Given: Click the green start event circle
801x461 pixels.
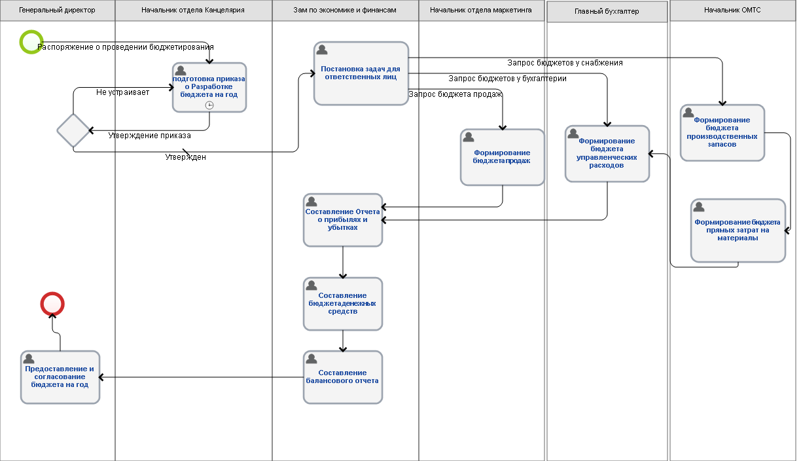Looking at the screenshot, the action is (31, 42).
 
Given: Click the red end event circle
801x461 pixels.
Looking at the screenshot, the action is (52, 304).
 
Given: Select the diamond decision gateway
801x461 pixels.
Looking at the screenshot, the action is (73, 131).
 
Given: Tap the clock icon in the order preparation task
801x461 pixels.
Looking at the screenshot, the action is (209, 105).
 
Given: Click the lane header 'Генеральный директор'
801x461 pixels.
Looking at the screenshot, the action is (57, 10).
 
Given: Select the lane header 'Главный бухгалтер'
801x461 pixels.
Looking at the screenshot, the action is (607, 11).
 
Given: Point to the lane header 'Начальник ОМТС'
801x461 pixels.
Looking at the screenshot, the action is (732, 10).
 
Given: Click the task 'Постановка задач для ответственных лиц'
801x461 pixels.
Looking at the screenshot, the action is (361, 73).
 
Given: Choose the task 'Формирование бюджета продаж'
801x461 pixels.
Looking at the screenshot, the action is (503, 157).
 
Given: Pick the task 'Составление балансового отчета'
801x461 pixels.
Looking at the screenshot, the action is (343, 377).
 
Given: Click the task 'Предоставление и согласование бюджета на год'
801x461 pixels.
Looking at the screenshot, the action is (60, 377).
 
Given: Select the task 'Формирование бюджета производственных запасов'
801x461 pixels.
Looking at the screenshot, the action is (722, 133).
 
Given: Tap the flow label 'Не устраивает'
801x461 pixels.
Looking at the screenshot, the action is (122, 92).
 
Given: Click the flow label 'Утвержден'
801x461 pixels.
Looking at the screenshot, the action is (186, 157).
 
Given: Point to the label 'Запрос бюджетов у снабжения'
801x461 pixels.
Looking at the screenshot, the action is (565, 63).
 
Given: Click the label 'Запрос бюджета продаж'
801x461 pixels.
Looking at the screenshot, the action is (455, 94).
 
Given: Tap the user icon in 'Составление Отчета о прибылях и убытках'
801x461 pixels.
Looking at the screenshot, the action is (311, 202).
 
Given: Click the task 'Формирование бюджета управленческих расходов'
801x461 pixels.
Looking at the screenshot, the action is (607, 153).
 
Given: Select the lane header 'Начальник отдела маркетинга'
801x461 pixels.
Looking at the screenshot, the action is (480, 10).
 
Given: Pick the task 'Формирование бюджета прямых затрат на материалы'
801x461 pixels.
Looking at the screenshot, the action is (738, 230).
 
